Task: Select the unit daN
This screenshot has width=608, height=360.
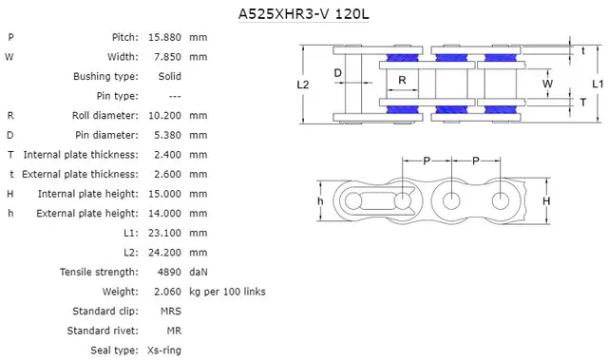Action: [199, 272]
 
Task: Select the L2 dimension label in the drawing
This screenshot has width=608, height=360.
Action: [303, 85]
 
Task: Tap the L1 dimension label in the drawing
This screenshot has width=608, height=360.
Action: [597, 84]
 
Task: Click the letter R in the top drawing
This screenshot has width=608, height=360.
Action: [403, 80]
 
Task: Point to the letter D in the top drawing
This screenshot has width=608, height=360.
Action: [337, 72]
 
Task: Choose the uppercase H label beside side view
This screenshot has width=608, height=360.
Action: [546, 201]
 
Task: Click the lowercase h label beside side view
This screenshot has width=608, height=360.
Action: [321, 201]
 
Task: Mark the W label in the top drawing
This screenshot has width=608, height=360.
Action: [546, 84]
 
